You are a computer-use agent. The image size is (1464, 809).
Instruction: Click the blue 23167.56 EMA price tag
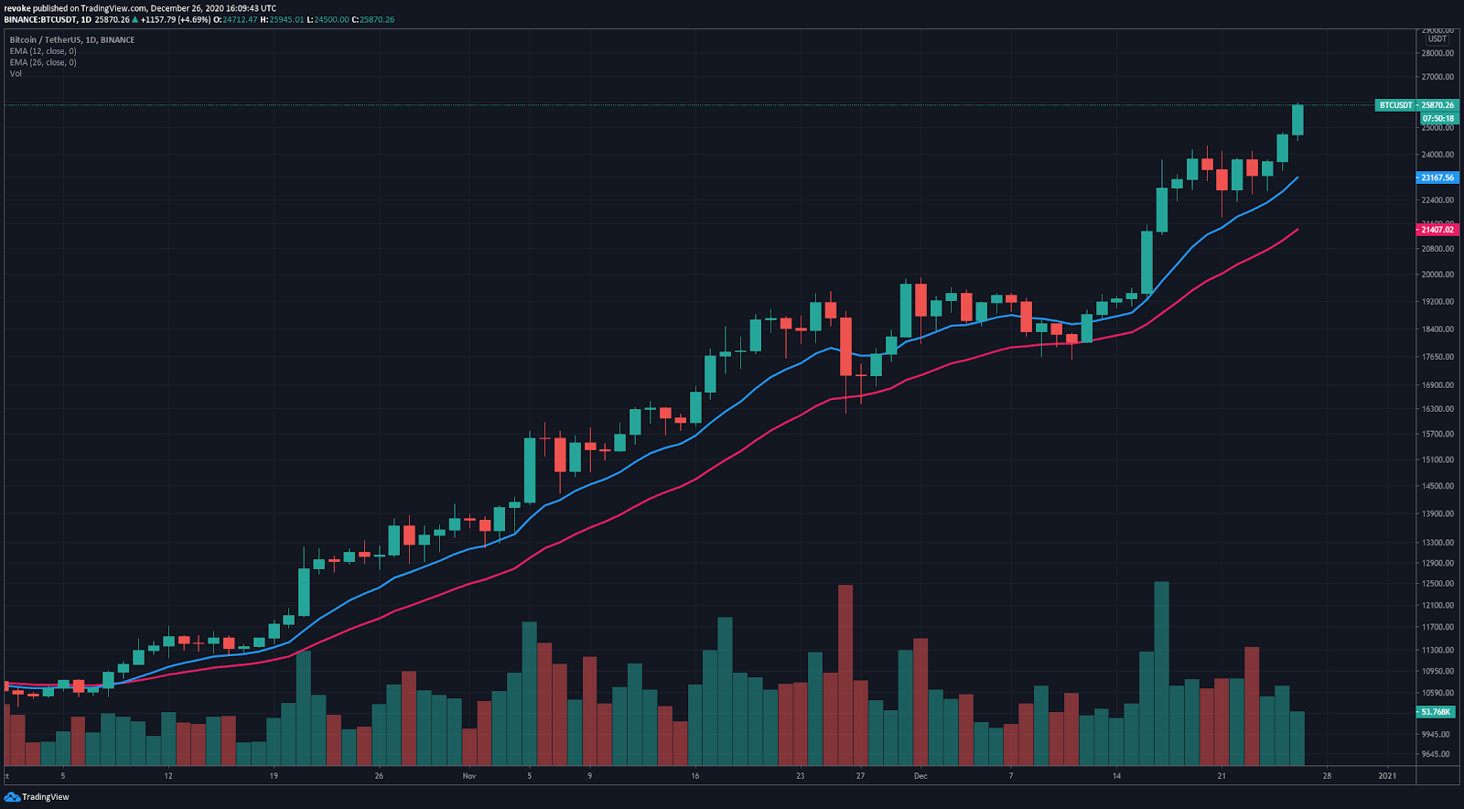(1437, 178)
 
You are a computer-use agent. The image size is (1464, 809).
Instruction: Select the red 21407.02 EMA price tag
(1437, 230)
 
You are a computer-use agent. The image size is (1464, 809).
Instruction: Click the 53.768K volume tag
(1436, 712)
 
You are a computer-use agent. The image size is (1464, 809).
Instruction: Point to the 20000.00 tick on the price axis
(1437, 275)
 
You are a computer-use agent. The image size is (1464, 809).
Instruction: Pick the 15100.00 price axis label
(1437, 460)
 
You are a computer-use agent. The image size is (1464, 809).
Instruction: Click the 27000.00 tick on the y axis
(1437, 77)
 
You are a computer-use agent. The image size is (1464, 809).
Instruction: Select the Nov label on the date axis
(469, 776)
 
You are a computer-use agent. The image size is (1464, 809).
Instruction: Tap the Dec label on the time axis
(920, 776)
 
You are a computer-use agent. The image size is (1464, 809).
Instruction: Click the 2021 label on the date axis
(1387, 776)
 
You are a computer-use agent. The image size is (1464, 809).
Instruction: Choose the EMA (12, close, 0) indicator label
(43, 51)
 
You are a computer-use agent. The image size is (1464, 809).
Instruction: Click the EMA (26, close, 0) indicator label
(43, 62)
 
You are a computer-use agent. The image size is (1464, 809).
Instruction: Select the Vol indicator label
(16, 73)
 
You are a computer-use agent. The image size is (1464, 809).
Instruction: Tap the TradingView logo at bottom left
(38, 797)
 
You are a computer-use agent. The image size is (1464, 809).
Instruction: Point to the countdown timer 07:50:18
(1437, 119)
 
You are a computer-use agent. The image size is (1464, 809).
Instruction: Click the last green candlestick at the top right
(1297, 120)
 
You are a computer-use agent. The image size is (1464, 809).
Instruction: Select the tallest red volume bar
(845, 675)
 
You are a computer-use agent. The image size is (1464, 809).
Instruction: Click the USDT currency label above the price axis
(1437, 39)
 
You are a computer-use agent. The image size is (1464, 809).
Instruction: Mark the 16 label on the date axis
(695, 776)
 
